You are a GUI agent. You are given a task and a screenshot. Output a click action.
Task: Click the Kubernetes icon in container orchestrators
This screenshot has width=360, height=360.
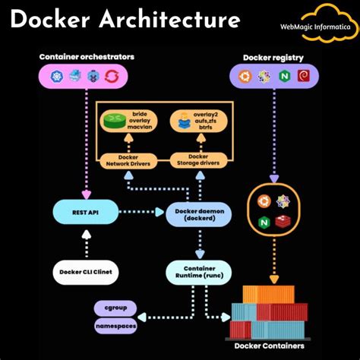(x=56, y=76)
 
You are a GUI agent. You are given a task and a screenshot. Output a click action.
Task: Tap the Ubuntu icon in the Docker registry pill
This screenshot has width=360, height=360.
(x=245, y=76)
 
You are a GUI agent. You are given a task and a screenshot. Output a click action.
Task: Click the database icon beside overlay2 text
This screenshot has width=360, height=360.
(x=183, y=120)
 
